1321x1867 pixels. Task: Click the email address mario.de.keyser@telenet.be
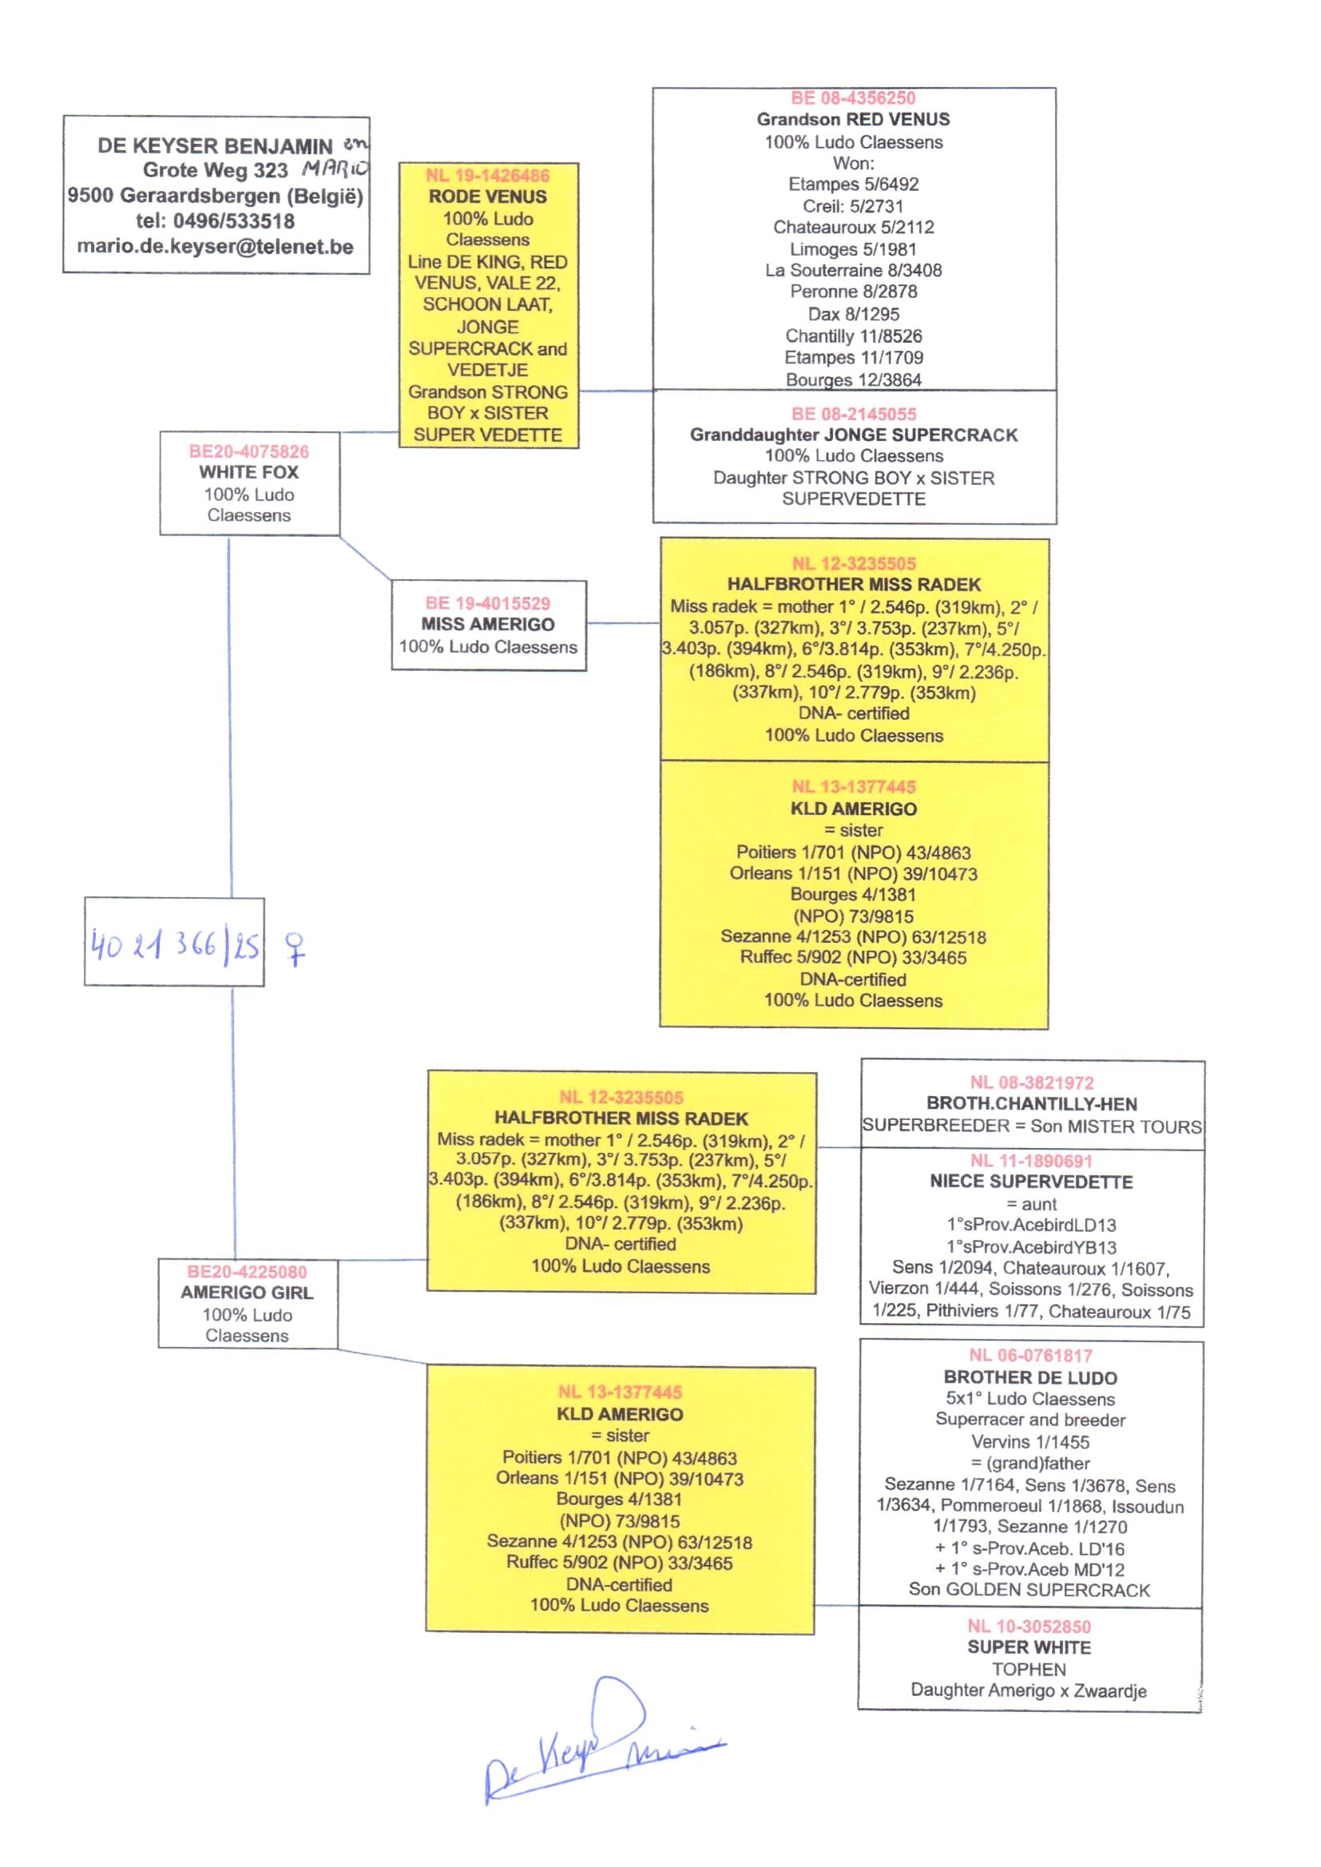coord(215,247)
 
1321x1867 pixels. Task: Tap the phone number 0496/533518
coord(233,220)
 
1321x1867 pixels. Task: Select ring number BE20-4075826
coord(249,451)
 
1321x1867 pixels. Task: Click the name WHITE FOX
coord(249,472)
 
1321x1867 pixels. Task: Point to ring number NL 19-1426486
coord(488,176)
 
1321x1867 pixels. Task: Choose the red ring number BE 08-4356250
coord(853,98)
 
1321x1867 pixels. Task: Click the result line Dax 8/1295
coord(853,314)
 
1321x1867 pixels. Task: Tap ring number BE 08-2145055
coord(853,414)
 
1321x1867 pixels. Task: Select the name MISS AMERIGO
coord(488,624)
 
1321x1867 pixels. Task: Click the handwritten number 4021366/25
coord(175,945)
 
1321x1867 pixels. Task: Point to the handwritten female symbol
coord(296,948)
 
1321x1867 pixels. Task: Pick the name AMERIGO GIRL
coord(248,1293)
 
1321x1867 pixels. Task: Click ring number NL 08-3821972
coord(1031,1082)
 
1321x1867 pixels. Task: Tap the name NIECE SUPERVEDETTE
coord(1031,1182)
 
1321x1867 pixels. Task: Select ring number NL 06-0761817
coord(1030,1355)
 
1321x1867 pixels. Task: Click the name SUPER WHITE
coord(1029,1647)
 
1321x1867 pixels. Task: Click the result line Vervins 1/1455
coord(1030,1441)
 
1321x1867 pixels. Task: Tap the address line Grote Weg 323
coord(216,170)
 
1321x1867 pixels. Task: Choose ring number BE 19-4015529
coord(488,604)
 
